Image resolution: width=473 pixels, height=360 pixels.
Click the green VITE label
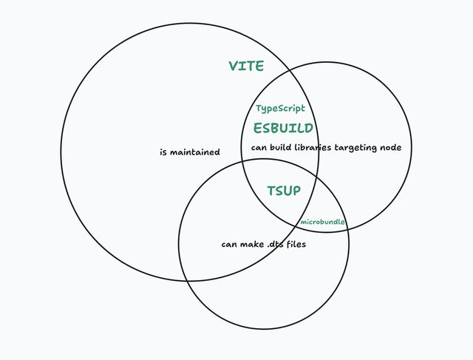pyautogui.click(x=246, y=66)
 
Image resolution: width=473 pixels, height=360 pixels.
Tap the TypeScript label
pyautogui.click(x=280, y=109)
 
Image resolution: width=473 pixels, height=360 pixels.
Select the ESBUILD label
pyautogui.click(x=283, y=128)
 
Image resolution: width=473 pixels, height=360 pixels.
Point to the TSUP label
pyautogui.click(x=284, y=191)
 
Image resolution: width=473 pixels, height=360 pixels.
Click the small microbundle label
pyautogui.click(x=322, y=222)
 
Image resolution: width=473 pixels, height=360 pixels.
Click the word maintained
pyautogui.click(x=195, y=152)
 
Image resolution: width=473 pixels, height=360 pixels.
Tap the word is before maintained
pyautogui.click(x=163, y=152)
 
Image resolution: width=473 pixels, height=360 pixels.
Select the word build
pyautogui.click(x=281, y=147)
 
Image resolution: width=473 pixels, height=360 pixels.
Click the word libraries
pyautogui.click(x=313, y=147)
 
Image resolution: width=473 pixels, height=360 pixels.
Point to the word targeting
pyautogui.click(x=355, y=148)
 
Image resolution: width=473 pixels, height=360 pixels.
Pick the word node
pyautogui.click(x=390, y=148)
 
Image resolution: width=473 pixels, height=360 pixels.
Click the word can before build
pyautogui.click(x=259, y=148)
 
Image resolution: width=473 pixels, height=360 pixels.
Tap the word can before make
pyautogui.click(x=229, y=245)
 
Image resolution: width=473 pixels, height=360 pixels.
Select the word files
pyautogui.click(x=296, y=244)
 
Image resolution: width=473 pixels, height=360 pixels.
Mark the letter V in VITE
pyautogui.click(x=234, y=66)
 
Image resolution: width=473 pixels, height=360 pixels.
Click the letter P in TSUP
pyautogui.click(x=296, y=191)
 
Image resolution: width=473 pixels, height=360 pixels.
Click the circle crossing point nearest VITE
pyautogui.click(x=289, y=70)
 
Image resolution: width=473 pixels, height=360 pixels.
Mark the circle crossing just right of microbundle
pyautogui.click(x=348, y=229)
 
